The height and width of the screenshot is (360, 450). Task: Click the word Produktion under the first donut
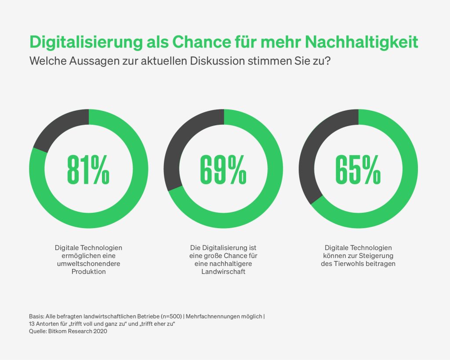click(x=89, y=272)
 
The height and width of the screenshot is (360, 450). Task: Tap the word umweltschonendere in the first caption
click(x=89, y=264)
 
